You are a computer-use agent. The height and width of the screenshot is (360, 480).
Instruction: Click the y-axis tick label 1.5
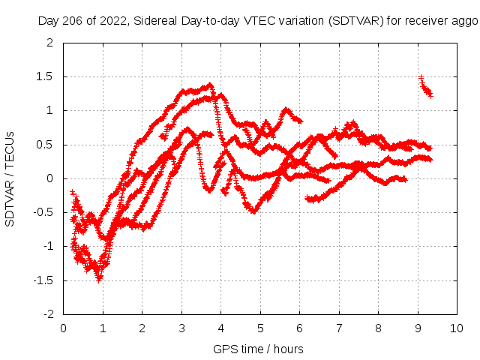[46, 76]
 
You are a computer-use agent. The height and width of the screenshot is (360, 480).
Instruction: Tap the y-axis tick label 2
[51, 43]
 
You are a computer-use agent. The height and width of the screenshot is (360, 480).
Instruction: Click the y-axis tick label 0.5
[46, 144]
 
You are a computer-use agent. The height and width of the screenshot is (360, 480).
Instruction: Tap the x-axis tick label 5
[260, 328]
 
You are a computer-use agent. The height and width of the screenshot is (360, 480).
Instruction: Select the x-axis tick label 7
[339, 328]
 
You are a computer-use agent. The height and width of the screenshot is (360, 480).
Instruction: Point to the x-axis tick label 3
[181, 328]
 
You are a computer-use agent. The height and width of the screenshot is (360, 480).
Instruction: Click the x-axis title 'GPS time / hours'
[258, 349]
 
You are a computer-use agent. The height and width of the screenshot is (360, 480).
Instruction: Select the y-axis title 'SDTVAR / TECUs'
[10, 178]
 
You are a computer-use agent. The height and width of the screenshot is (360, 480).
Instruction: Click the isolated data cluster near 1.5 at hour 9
[426, 88]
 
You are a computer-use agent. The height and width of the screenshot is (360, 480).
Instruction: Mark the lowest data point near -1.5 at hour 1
[99, 278]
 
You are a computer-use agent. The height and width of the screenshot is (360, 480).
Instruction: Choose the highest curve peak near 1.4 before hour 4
[210, 85]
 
